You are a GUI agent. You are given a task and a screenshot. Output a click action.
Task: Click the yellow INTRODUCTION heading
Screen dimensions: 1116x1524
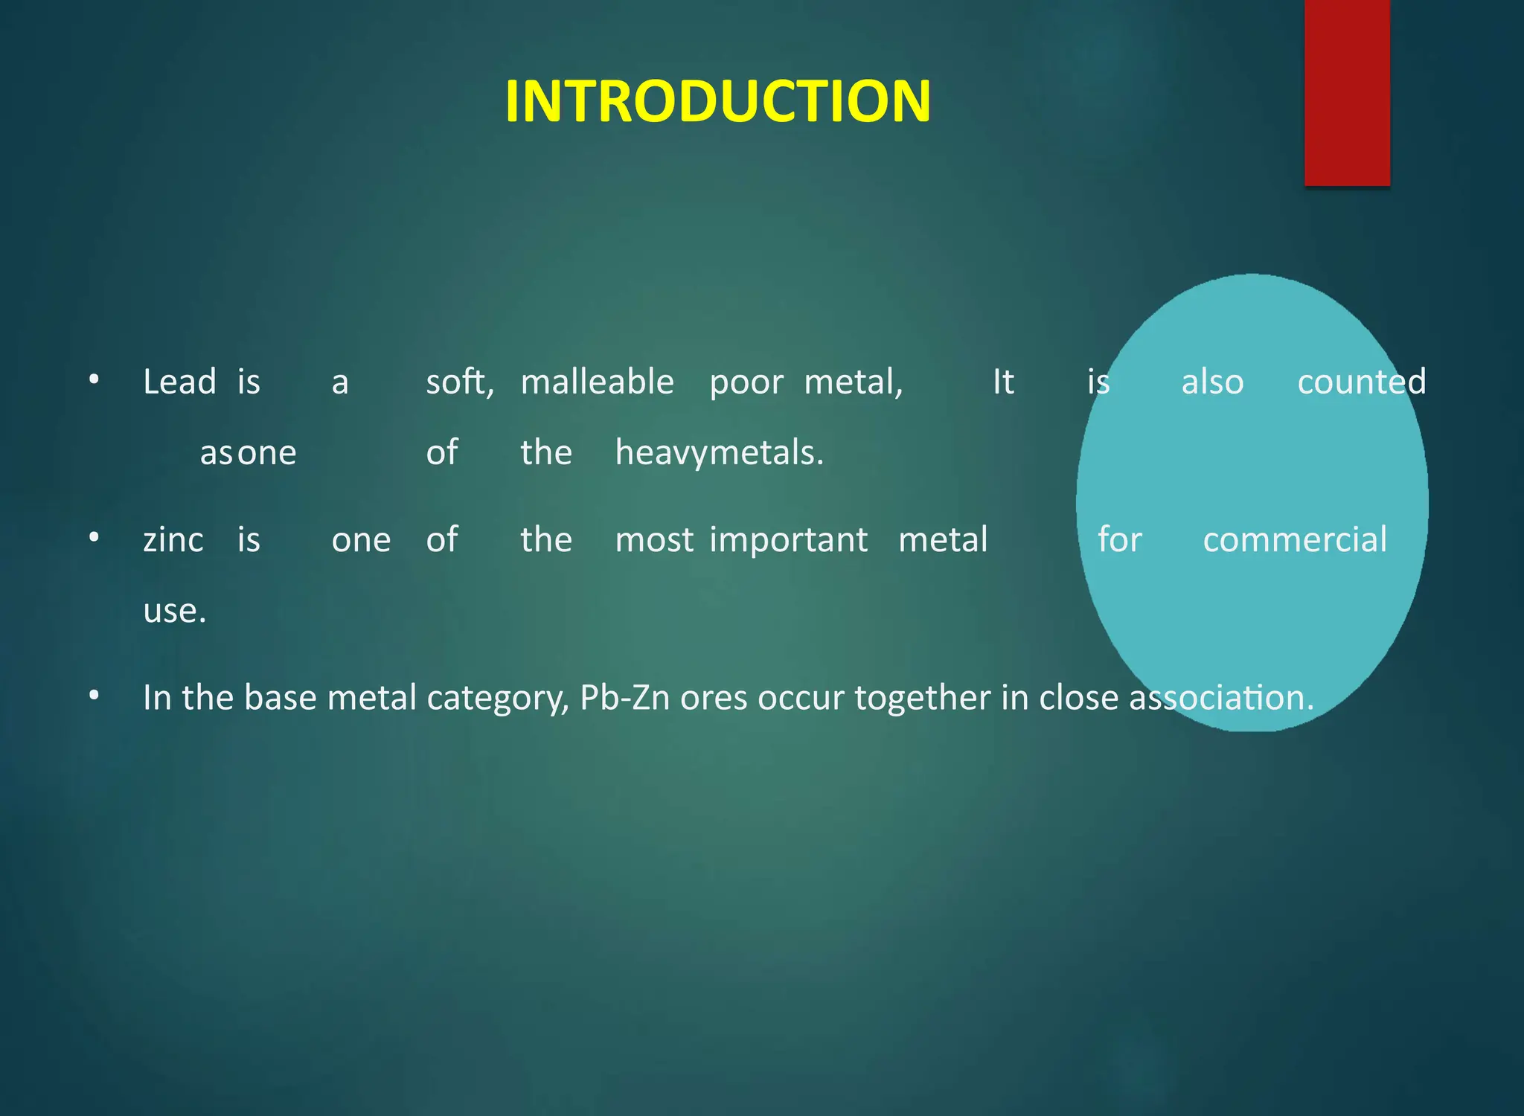(x=717, y=101)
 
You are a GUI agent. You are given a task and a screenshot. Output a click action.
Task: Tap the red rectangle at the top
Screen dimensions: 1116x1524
(x=1347, y=92)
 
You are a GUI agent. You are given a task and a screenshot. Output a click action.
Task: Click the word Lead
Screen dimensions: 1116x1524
(x=179, y=382)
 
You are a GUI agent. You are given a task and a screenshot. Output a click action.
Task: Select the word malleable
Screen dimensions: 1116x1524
(x=597, y=382)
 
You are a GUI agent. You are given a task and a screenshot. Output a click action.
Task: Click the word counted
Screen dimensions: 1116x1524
(x=1361, y=382)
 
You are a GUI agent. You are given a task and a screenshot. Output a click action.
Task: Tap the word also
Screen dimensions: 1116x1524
(x=1212, y=382)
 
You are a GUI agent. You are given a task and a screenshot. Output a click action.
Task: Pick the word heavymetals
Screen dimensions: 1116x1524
(x=719, y=453)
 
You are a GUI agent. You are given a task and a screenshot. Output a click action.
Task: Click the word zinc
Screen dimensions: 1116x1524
(x=173, y=540)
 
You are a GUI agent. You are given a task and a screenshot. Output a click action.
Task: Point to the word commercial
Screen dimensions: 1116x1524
(x=1295, y=540)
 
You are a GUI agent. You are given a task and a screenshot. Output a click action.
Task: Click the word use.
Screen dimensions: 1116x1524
(x=174, y=612)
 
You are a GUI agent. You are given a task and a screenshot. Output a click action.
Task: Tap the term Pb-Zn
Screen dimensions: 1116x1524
(x=624, y=698)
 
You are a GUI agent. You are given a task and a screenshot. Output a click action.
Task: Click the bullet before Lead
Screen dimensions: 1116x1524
(x=94, y=380)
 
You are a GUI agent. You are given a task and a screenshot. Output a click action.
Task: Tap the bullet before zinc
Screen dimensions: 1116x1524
(x=94, y=537)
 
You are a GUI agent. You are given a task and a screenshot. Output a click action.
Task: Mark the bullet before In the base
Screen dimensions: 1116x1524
(x=94, y=696)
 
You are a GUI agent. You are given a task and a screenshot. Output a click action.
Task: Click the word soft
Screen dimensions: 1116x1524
(x=459, y=382)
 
